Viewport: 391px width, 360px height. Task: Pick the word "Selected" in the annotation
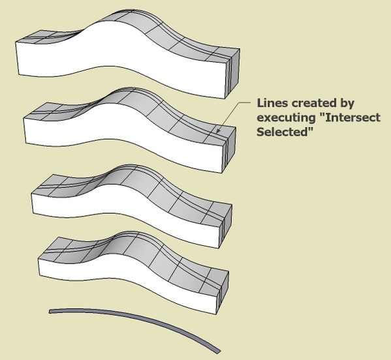click(285, 132)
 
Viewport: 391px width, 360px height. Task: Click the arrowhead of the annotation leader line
click(217, 131)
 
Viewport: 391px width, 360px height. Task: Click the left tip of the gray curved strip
click(50, 312)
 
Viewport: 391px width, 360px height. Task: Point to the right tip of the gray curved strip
click(219, 352)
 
